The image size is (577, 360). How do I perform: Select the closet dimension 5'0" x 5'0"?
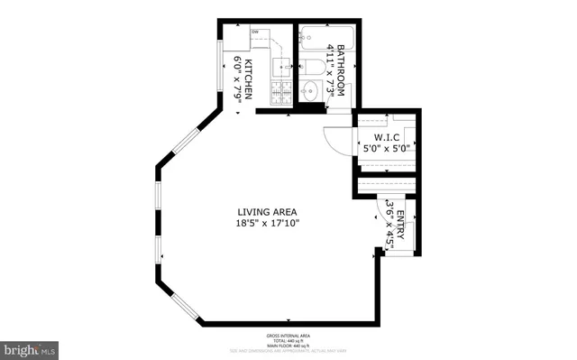point(386,149)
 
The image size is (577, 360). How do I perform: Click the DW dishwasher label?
point(255,32)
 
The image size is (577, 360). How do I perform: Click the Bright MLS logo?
point(31,347)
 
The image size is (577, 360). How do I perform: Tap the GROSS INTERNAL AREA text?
point(288,334)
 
